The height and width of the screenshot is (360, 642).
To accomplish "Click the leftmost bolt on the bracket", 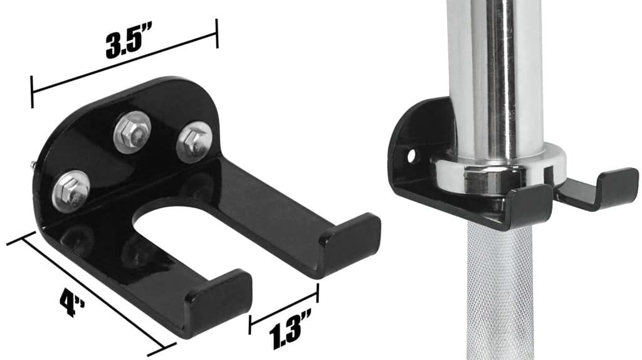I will [71, 191].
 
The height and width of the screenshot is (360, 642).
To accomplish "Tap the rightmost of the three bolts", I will [194, 142].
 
